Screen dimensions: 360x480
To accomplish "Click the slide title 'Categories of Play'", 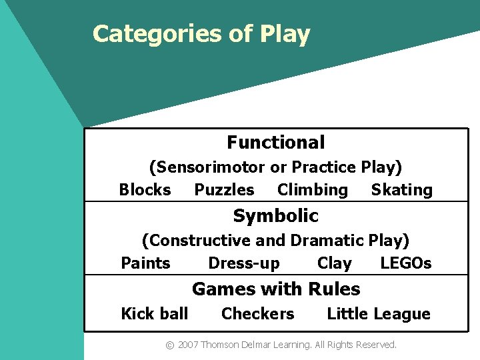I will click(201, 34).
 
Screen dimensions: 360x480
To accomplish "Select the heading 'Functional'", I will click(275, 143).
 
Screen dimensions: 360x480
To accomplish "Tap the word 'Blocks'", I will click(145, 190).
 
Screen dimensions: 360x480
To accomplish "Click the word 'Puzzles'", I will click(224, 190).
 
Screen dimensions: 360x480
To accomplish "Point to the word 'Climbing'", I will click(312, 190).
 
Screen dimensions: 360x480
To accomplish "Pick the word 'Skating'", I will click(401, 190).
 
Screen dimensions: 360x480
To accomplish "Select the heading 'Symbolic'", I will click(275, 216).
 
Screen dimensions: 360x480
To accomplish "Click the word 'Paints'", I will click(145, 263).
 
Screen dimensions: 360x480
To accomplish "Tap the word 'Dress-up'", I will click(244, 263).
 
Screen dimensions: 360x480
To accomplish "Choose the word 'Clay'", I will click(334, 263).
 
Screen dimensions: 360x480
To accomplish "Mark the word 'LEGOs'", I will click(405, 263).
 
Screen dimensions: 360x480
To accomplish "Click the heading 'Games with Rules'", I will click(275, 289).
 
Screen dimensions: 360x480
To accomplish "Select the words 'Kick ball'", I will click(154, 314).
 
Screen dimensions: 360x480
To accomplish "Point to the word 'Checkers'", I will click(257, 314).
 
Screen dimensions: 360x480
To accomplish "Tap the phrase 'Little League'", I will click(378, 314).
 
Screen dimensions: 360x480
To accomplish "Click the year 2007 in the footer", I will click(188, 345).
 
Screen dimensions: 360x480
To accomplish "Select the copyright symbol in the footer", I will click(170, 345).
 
